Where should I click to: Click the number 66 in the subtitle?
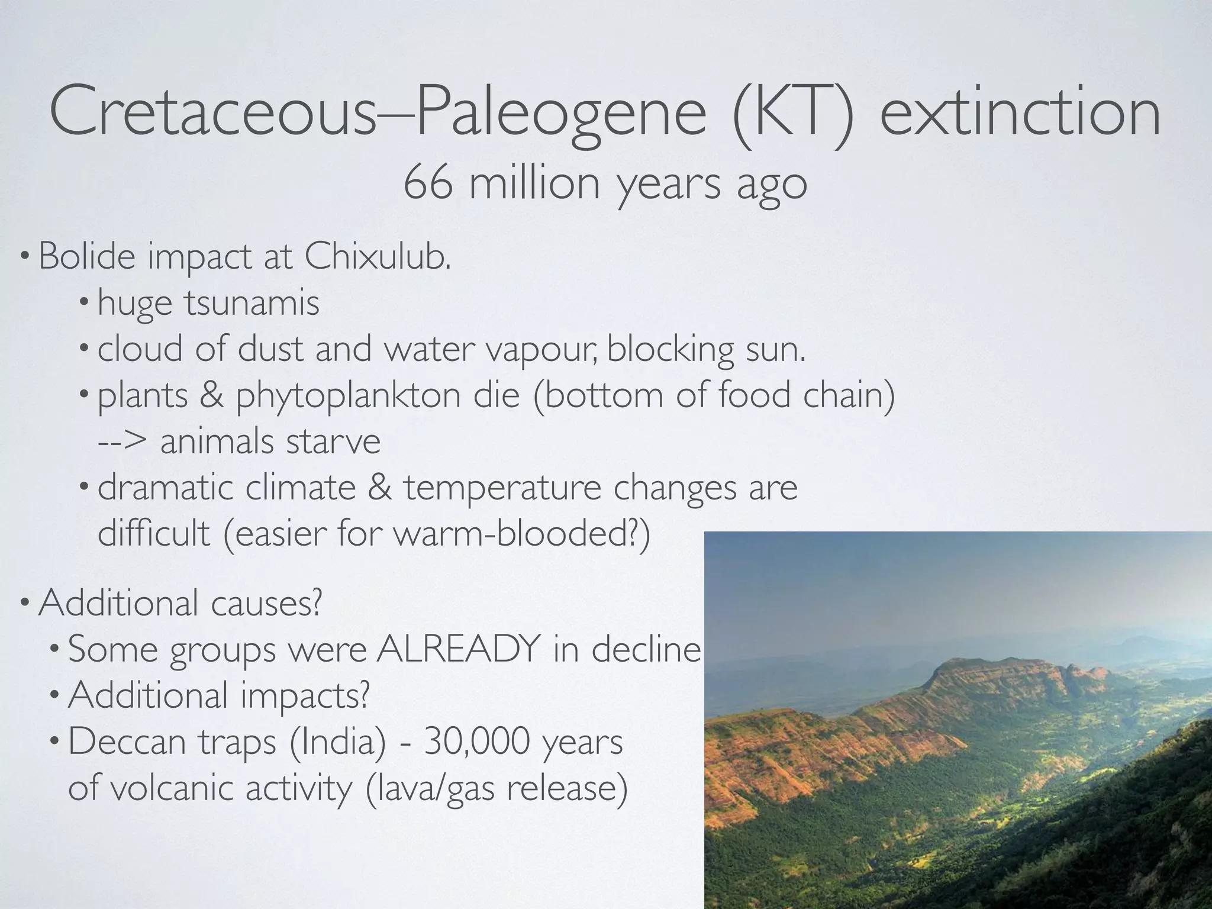pyautogui.click(x=428, y=183)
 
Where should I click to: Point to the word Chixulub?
pyautogui.click(x=377, y=257)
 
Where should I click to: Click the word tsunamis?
pyautogui.click(x=251, y=304)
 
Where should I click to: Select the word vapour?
pyautogui.click(x=541, y=350)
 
